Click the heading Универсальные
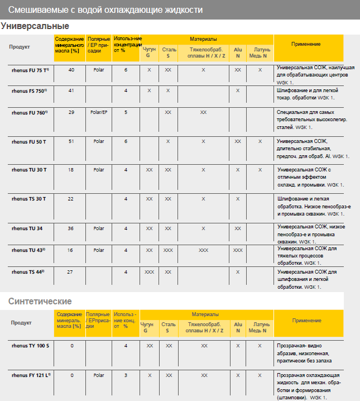[x=35, y=26]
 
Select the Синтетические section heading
[x=40, y=301]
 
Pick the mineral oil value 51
[x=71, y=141]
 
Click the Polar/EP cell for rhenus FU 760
[x=98, y=112]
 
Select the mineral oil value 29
[x=71, y=112]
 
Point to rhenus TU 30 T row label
[x=29, y=169]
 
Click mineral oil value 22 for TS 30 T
[x=71, y=198]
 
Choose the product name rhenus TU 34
[x=27, y=228]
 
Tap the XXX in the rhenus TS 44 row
[x=149, y=271]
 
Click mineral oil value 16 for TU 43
[x=71, y=250]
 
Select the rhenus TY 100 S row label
[x=30, y=346]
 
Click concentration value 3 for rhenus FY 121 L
[x=126, y=375]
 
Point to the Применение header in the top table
[x=305, y=44]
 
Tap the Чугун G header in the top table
[x=149, y=52]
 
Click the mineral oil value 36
[x=71, y=228]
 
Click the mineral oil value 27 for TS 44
[x=71, y=271]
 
